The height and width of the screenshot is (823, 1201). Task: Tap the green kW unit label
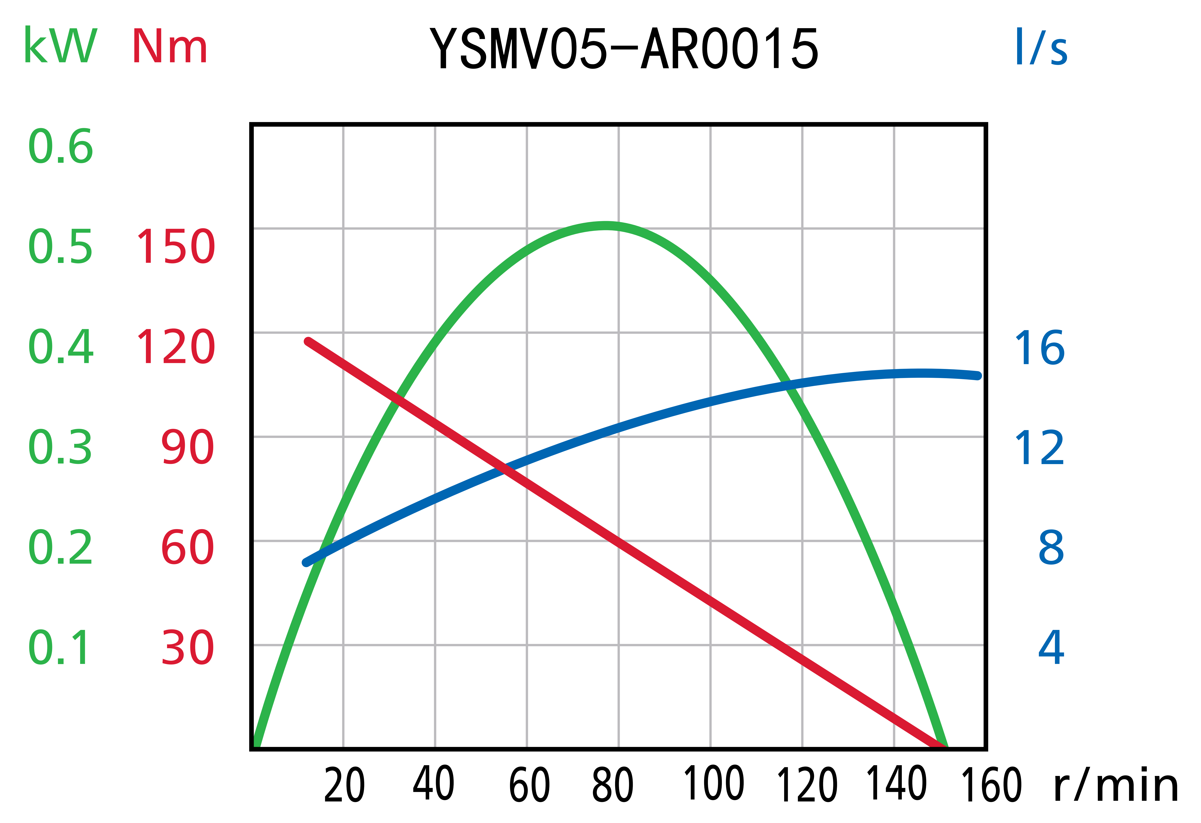[61, 46]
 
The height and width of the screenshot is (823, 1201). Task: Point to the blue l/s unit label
[1041, 47]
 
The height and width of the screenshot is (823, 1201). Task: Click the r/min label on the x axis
[1116, 786]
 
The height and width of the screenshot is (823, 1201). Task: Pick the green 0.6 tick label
[61, 147]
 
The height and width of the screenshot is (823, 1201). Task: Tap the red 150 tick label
[175, 247]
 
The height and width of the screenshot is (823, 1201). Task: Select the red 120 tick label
[175, 347]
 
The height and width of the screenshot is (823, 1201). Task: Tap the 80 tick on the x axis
[613, 786]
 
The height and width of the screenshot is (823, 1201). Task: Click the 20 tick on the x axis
[344, 786]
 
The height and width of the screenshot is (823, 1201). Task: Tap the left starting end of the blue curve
[306, 563]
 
